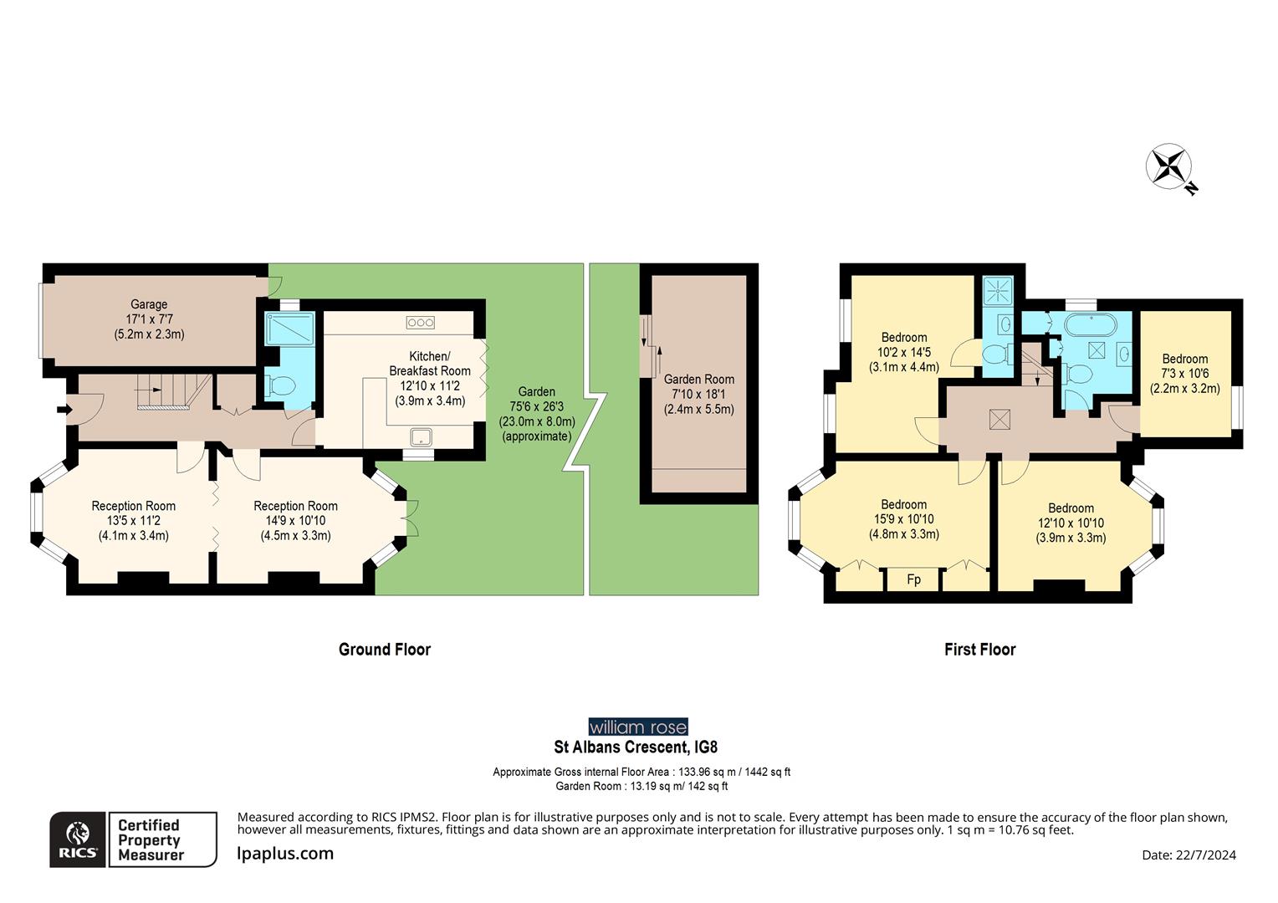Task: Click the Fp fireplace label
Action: pyautogui.click(x=913, y=579)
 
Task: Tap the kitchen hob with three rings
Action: pyautogui.click(x=420, y=323)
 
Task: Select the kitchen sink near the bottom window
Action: pyautogui.click(x=420, y=436)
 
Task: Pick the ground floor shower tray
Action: pyautogui.click(x=289, y=329)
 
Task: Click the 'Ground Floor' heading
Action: pyautogui.click(x=384, y=650)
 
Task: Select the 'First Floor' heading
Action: pyautogui.click(x=979, y=650)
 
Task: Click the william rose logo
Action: pyautogui.click(x=637, y=727)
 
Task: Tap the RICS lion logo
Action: pyautogui.click(x=78, y=839)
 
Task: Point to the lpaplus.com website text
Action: pyautogui.click(x=285, y=854)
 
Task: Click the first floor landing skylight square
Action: pyautogui.click(x=999, y=419)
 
